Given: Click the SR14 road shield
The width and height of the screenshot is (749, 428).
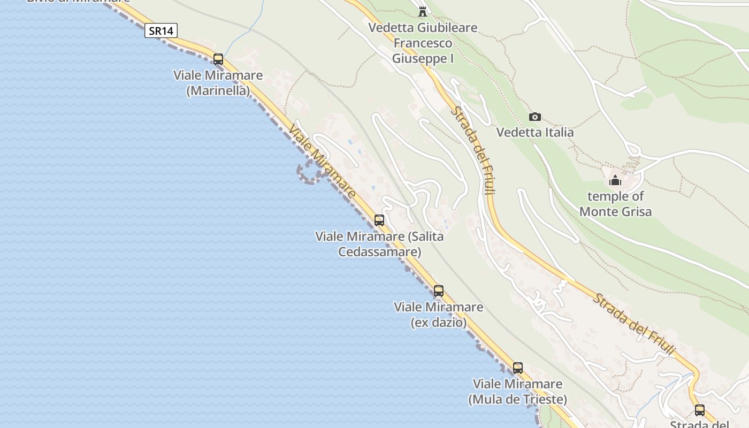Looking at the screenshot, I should coord(161,30).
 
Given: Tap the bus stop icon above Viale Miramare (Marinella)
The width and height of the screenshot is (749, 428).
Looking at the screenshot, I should coord(218,59).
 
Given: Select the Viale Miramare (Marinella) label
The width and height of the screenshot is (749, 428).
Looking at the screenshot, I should coord(218,83).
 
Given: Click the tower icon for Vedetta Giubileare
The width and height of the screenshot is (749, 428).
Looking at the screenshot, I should coord(423,11).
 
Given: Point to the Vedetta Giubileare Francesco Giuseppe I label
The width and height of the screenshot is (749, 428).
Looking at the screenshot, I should coord(423,43).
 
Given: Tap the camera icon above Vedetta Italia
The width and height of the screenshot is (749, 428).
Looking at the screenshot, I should coord(534,117).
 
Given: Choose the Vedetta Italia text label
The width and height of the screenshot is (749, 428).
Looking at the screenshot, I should coord(535,132).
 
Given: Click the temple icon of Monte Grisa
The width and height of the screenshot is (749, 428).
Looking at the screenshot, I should coord(615,180).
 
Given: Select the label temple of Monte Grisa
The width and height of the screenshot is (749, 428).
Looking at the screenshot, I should coord(616,204).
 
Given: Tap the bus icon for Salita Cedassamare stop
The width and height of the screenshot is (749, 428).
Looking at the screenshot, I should coord(379,220).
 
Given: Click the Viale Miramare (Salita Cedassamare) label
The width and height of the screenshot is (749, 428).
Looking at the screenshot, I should coord(379,243).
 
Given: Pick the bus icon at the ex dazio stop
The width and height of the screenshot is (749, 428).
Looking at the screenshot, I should coord(439,291).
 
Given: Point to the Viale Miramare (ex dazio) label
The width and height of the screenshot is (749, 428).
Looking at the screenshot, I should coord(439,315).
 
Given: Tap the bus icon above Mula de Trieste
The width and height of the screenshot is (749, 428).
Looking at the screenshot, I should coord(517,368).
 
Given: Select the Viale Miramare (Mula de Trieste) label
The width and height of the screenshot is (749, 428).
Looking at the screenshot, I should coord(517,392).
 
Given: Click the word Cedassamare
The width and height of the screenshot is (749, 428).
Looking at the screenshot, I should coord(379,251).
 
